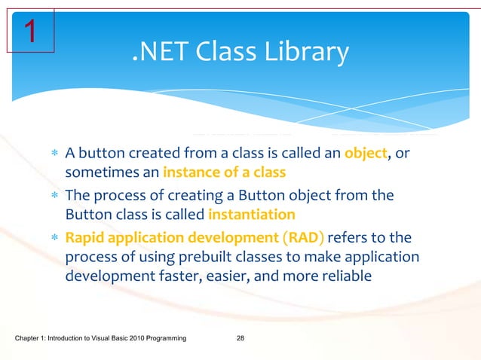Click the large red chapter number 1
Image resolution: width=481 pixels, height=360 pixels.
coord(29,31)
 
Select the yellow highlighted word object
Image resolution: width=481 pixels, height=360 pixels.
coord(366,154)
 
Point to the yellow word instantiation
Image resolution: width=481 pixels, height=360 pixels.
coord(242,214)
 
